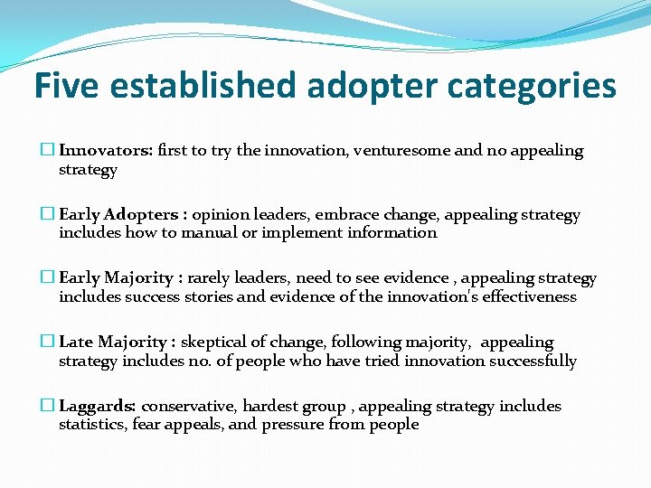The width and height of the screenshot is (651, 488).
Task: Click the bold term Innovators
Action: [105, 151]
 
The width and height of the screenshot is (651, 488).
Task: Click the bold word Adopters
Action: [141, 215]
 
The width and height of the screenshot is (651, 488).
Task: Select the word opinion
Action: [222, 215]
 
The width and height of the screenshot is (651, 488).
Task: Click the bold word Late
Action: [76, 343]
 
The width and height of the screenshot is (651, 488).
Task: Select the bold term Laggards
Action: [97, 407]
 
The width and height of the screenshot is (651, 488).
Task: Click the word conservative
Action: [191, 407]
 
